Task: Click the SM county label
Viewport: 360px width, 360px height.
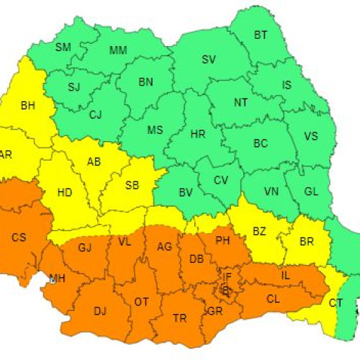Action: click(x=63, y=48)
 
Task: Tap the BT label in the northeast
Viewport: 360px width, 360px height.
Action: click(x=261, y=35)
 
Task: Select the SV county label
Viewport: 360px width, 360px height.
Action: click(x=209, y=59)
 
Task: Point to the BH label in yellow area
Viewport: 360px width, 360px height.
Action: click(x=28, y=106)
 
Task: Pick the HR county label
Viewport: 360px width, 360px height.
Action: click(x=197, y=135)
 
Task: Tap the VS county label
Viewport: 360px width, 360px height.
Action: click(x=311, y=136)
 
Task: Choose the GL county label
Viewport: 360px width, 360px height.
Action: click(x=311, y=192)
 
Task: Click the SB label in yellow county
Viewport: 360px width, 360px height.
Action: click(x=132, y=185)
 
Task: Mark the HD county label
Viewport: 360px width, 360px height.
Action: click(x=64, y=192)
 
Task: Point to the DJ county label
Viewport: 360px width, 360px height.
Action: click(x=100, y=310)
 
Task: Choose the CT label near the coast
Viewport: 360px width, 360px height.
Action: click(x=336, y=303)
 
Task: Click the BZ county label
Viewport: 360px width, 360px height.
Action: click(x=258, y=232)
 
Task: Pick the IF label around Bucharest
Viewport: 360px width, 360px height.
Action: click(x=226, y=276)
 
